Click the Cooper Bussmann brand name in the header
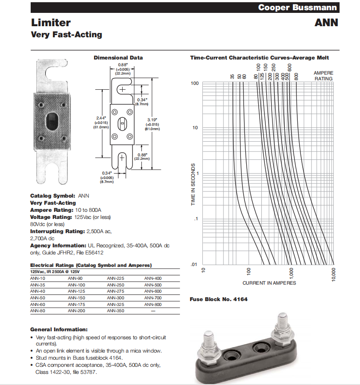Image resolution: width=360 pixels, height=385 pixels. click(298, 8)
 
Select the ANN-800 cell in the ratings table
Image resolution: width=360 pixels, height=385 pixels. click(153, 305)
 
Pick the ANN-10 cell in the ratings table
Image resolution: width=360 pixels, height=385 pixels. click(37, 278)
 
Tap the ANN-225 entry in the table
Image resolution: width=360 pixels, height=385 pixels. click(116, 278)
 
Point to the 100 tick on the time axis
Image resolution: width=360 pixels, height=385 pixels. click(194, 83)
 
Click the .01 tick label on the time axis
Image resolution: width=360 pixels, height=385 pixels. click(193, 265)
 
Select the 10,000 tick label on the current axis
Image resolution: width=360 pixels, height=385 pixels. click(334, 275)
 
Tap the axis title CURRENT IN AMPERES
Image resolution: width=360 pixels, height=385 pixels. click(269, 283)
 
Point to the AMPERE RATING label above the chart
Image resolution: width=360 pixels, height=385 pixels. click(323, 75)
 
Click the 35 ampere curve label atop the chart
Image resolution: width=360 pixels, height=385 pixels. click(232, 76)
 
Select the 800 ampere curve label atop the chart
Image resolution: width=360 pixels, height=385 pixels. click(296, 75)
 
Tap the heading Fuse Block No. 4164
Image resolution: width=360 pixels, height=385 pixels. click(219, 299)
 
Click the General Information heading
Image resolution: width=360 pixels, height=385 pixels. click(59, 329)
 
